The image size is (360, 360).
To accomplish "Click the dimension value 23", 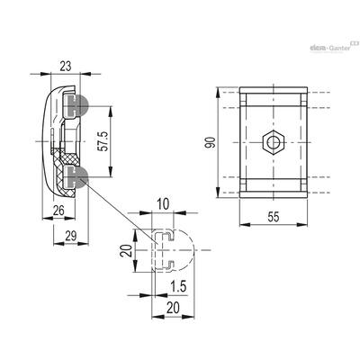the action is coord(66,67).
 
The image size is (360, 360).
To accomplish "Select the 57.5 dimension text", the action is coord(103,141).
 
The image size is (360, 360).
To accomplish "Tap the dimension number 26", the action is coord(58,211).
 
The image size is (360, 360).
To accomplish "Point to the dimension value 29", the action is coord(71,236).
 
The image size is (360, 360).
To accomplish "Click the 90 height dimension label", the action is coord(211,142).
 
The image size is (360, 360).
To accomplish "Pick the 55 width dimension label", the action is coord(274,217).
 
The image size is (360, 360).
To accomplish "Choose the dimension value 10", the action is coord(163,204).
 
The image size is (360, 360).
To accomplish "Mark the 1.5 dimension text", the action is coord(178,286).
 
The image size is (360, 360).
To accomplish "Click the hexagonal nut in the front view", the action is coord(274,142).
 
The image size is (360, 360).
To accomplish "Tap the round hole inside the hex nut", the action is coord(274,142).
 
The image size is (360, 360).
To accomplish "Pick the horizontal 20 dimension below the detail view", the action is coord(173,308).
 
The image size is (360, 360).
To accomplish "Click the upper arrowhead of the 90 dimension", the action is coord(218,92).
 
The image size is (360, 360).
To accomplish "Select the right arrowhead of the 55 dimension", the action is coord(302,225).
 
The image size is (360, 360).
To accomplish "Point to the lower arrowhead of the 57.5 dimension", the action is coord(111,173).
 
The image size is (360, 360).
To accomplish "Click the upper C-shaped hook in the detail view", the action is coord(168,236).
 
